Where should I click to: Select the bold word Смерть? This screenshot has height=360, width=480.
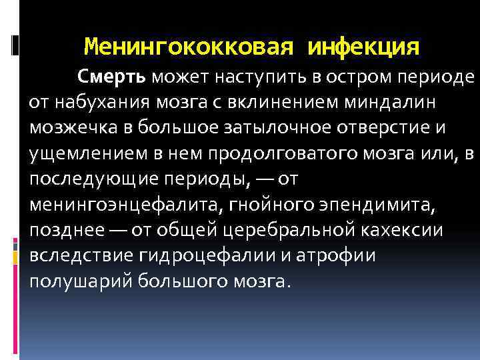(x=113, y=77)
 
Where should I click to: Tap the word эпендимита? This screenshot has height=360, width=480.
(x=371, y=205)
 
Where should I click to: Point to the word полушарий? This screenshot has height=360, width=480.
(x=82, y=281)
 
